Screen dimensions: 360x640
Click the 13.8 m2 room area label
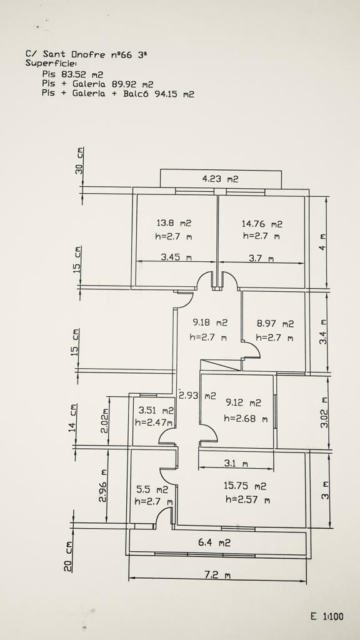(174, 223)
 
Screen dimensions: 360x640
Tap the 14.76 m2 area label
(262, 224)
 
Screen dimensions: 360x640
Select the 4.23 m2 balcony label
(220, 179)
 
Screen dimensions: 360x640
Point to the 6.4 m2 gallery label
(214, 543)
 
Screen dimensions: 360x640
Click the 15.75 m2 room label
(245, 486)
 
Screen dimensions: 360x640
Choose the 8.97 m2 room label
(275, 324)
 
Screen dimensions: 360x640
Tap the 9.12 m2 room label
(243, 403)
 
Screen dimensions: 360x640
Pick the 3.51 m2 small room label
(156, 411)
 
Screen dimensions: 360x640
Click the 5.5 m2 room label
(151, 489)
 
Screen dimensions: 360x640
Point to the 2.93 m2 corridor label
(197, 396)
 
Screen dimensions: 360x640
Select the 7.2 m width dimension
(217, 575)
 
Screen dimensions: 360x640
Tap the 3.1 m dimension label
(236, 464)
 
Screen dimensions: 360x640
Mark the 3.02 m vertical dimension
(324, 412)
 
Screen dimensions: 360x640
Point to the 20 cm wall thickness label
(68, 556)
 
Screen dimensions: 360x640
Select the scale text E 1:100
(327, 616)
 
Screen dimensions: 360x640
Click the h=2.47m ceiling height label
(154, 423)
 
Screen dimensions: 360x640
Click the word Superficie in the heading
(50, 63)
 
